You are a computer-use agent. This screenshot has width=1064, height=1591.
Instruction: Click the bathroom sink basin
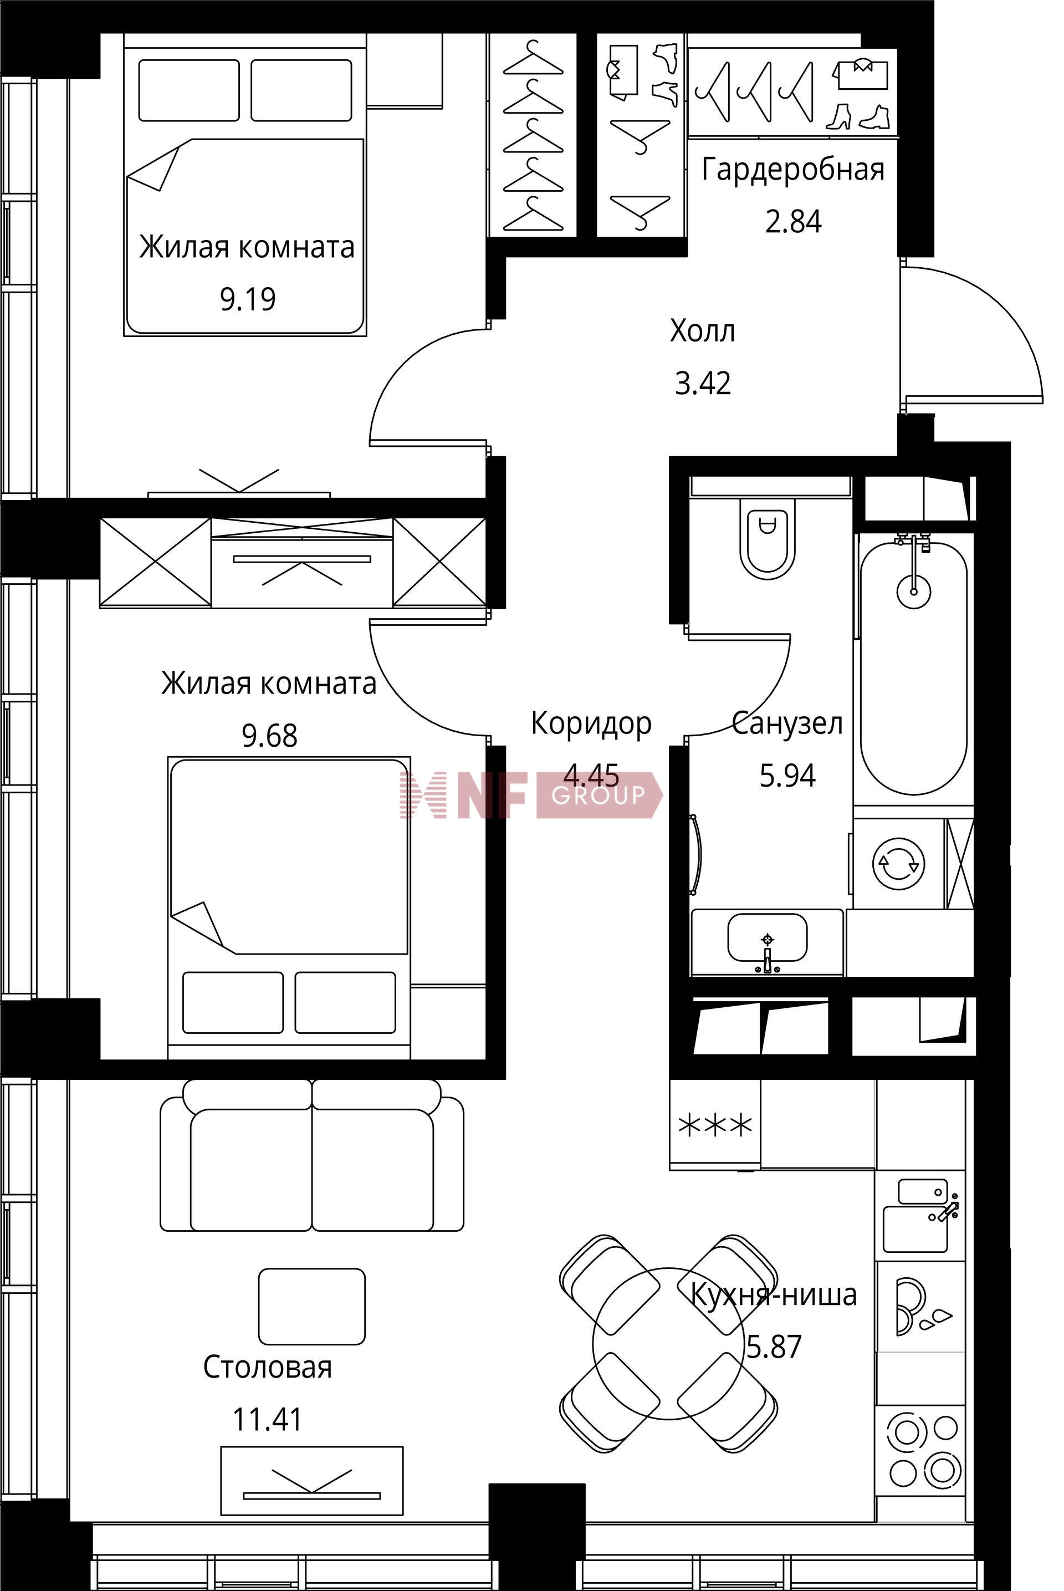pos(768,938)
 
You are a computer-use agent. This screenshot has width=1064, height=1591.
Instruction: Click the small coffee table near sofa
pos(312,1307)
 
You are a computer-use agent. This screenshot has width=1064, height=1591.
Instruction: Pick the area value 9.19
pos(248,299)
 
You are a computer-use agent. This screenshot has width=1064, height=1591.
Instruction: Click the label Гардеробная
pos(793,170)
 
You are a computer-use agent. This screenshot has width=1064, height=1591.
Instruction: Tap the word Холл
pos(702,332)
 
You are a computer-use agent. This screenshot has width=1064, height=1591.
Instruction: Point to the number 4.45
pos(592,774)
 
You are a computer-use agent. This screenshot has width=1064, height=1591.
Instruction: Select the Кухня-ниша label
pos(774,1295)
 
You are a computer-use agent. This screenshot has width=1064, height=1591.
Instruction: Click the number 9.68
pos(269,736)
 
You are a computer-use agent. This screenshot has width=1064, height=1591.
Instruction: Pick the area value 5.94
pos(787,775)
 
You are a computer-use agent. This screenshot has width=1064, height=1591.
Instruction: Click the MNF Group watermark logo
pos(531,795)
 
